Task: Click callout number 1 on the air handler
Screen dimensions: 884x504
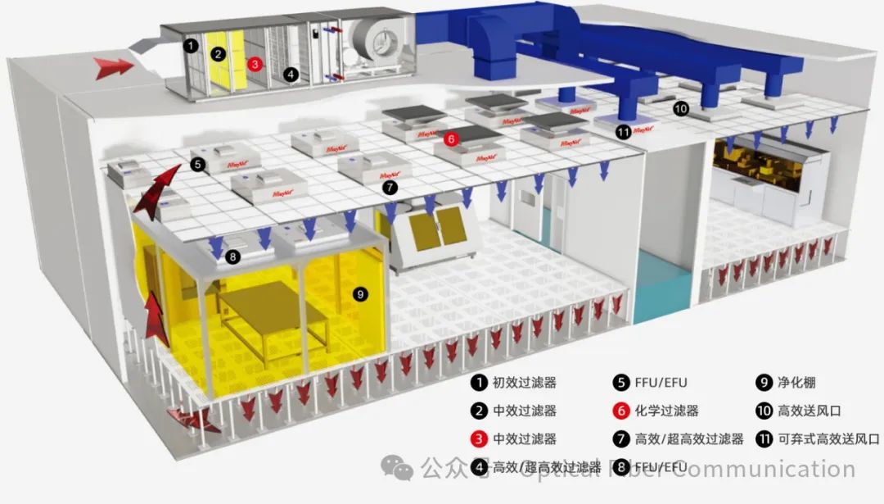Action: pyautogui.click(x=190, y=46)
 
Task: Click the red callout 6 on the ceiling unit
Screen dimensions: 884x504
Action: pyautogui.click(x=451, y=139)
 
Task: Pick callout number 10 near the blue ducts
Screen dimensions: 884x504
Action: pyautogui.click(x=681, y=107)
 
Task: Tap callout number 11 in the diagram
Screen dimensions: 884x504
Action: pyautogui.click(x=624, y=130)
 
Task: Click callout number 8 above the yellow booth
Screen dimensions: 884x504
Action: pyautogui.click(x=233, y=257)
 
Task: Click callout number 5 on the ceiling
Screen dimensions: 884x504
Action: pyautogui.click(x=198, y=164)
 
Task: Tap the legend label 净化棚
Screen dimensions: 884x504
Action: pyautogui.click(x=798, y=382)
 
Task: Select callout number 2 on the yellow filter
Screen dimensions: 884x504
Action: pyautogui.click(x=218, y=55)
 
